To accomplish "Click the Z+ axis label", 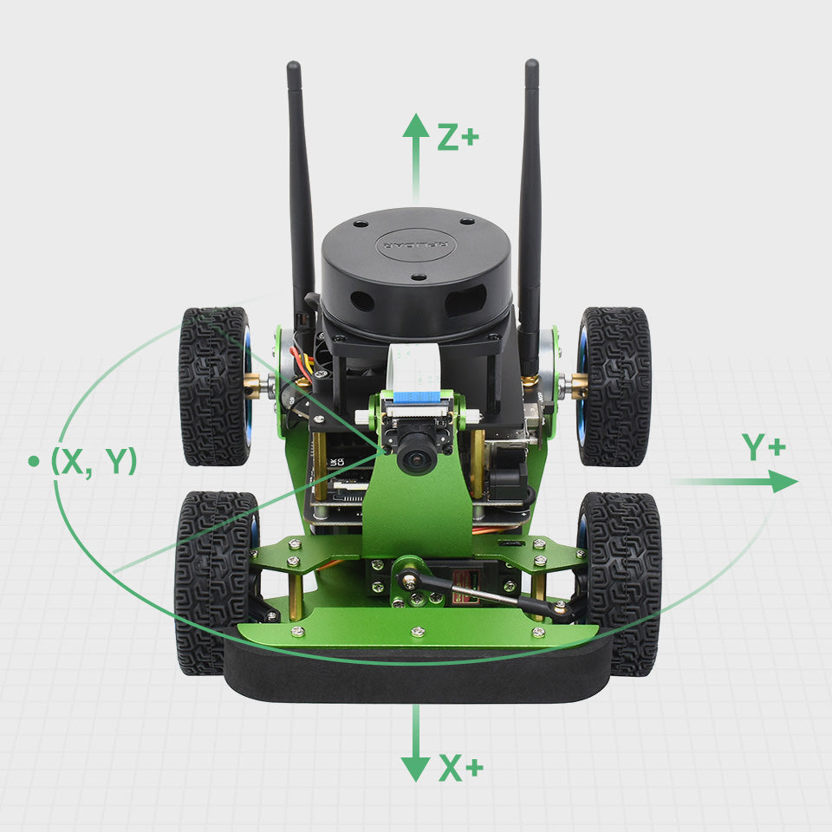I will (x=458, y=137).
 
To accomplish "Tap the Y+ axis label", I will (x=764, y=447).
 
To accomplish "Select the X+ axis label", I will (x=460, y=768).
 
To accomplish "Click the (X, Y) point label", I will (x=94, y=461).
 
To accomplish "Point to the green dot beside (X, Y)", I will (x=34, y=461).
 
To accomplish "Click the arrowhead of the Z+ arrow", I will (x=416, y=126).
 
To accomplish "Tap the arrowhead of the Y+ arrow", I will (x=783, y=482).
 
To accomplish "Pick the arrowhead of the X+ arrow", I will (x=416, y=768).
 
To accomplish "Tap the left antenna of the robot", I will (x=300, y=191).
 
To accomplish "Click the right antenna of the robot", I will (x=530, y=191).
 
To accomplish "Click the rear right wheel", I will (x=614, y=386).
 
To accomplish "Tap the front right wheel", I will (x=622, y=582).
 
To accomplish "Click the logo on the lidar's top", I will (x=413, y=244).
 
